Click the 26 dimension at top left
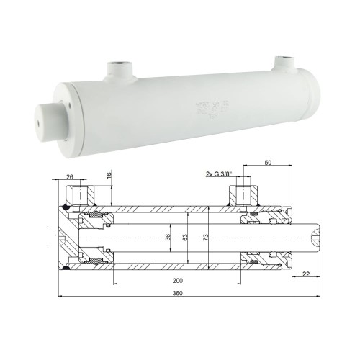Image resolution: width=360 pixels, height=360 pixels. (x=69, y=176)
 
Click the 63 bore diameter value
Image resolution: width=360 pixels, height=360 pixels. (x=186, y=238)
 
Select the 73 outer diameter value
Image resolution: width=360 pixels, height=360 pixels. (x=206, y=238)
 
